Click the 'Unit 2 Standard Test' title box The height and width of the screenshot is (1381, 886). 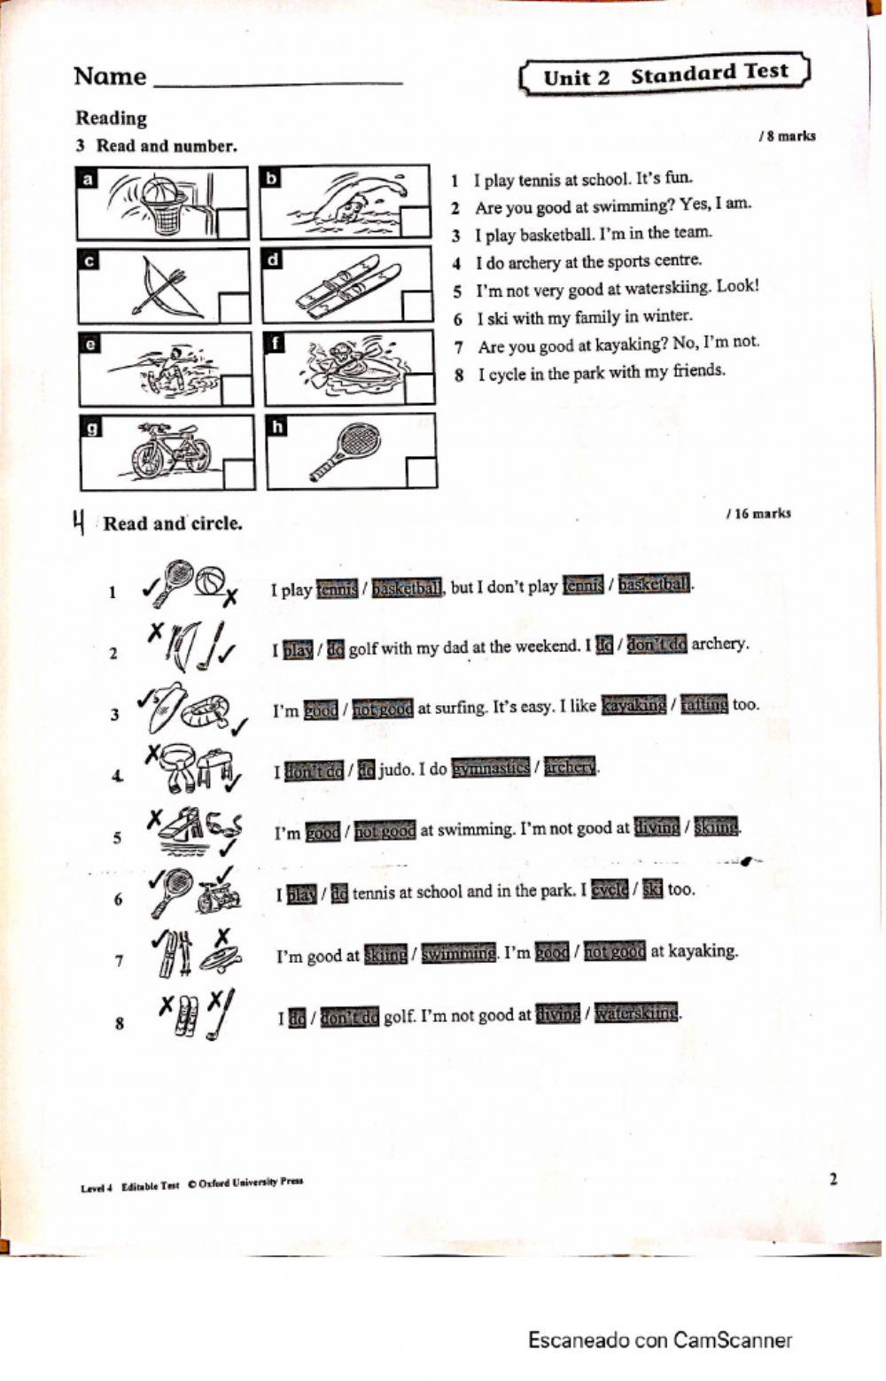[664, 74]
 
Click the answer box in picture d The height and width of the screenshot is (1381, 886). [416, 305]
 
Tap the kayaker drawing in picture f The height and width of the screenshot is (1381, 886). [350, 366]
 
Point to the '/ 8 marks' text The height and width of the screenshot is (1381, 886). [787, 136]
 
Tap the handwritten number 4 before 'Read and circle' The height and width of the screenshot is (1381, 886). [79, 522]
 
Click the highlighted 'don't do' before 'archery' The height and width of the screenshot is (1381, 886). [657, 645]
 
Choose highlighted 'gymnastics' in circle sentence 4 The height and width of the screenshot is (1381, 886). [490, 768]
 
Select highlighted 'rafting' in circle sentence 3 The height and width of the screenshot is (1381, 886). [703, 705]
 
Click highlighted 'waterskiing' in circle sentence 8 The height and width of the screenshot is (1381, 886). [636, 1012]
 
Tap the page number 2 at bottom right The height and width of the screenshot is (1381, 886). [833, 1179]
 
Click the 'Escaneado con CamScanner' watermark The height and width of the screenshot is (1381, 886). [660, 1340]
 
